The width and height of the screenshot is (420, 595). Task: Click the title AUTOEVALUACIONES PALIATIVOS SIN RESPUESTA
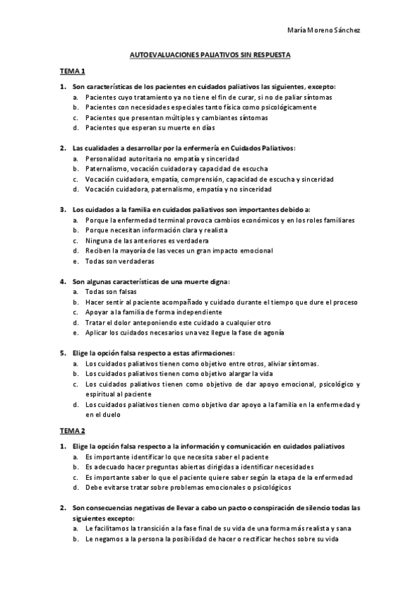(210, 53)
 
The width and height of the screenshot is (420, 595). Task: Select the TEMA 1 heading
(72, 72)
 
